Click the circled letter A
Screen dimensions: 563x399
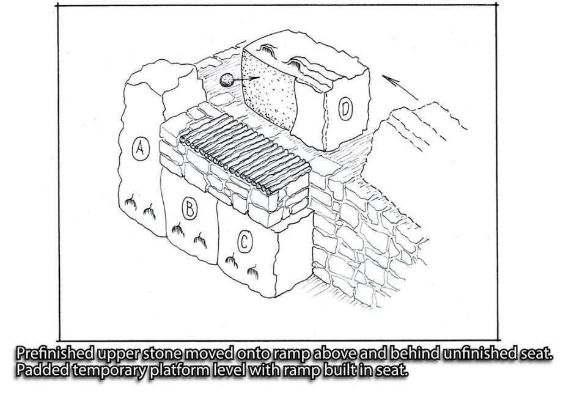pos(141,148)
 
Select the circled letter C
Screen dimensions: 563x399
pos(245,242)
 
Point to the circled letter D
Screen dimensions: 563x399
pos(345,109)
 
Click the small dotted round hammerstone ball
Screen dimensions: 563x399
pos(226,80)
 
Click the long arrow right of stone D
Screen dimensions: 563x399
pos(400,87)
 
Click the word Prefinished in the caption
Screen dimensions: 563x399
pos(56,354)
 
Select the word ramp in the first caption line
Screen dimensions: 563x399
pos(292,355)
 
